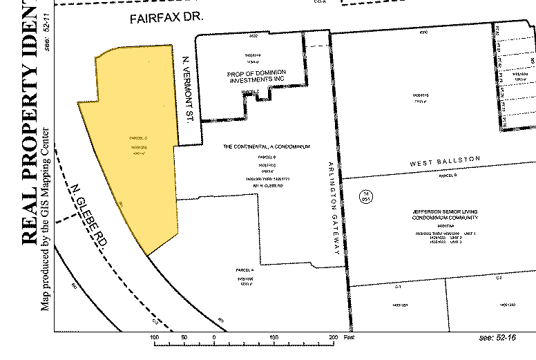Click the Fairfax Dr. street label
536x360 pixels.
click(166, 19)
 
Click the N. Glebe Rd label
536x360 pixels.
click(90, 215)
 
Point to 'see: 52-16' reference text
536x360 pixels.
click(497, 337)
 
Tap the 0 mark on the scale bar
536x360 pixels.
click(215, 337)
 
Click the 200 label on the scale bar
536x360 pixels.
click(333, 337)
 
